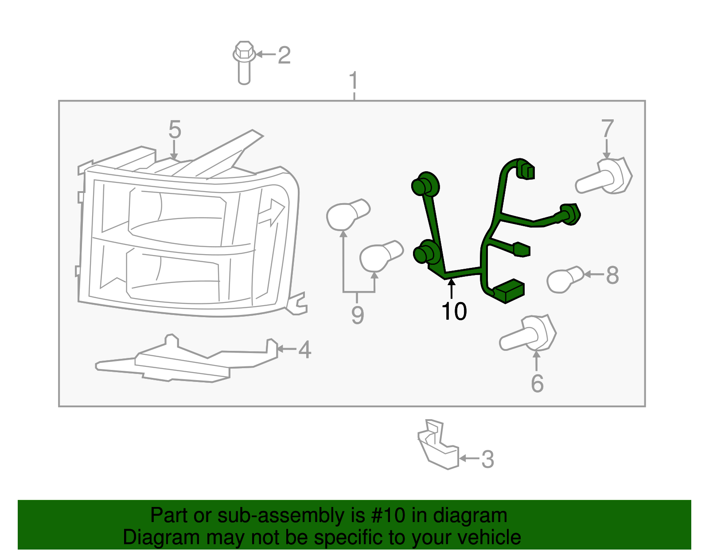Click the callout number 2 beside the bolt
[x=284, y=55]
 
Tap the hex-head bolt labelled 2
[x=244, y=62]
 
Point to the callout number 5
[x=175, y=130]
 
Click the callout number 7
[x=608, y=129]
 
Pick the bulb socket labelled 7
[x=604, y=177]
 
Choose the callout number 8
[x=612, y=275]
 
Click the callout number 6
[x=537, y=383]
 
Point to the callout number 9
[x=358, y=315]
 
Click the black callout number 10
[x=454, y=311]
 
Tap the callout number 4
[x=304, y=350]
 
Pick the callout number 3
[x=487, y=460]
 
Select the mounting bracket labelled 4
[x=186, y=361]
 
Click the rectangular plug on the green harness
[x=509, y=291]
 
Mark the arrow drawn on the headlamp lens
[x=273, y=212]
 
